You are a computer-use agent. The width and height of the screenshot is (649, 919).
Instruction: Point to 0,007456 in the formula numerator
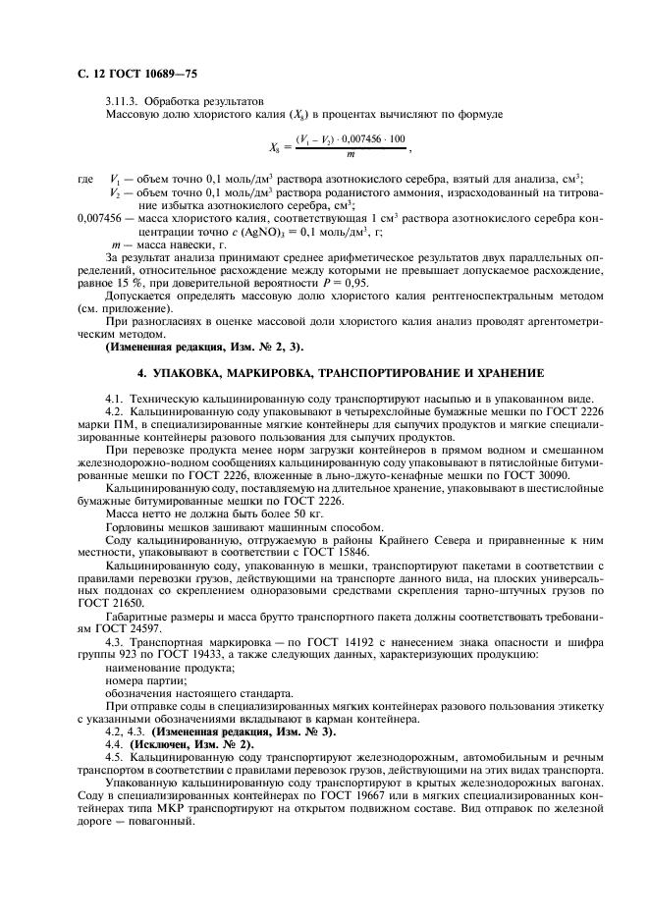(x=365, y=139)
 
